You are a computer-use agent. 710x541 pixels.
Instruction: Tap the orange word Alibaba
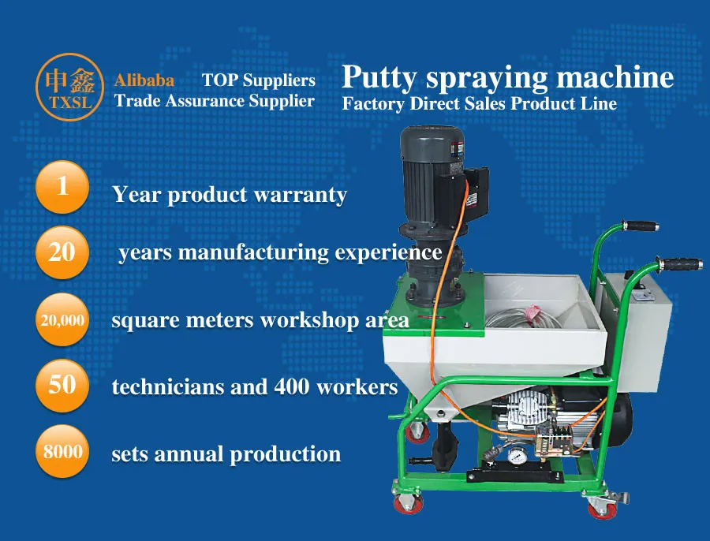pos(144,80)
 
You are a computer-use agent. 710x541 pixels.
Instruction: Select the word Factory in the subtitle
pos(373,103)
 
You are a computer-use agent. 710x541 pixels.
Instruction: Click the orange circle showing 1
pos(62,188)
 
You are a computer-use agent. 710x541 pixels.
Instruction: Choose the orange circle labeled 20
pos(62,252)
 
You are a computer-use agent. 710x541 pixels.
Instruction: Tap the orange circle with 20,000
pos(62,320)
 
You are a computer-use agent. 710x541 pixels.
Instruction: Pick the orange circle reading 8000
pos(62,453)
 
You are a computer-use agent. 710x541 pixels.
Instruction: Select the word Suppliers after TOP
pos(279,80)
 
